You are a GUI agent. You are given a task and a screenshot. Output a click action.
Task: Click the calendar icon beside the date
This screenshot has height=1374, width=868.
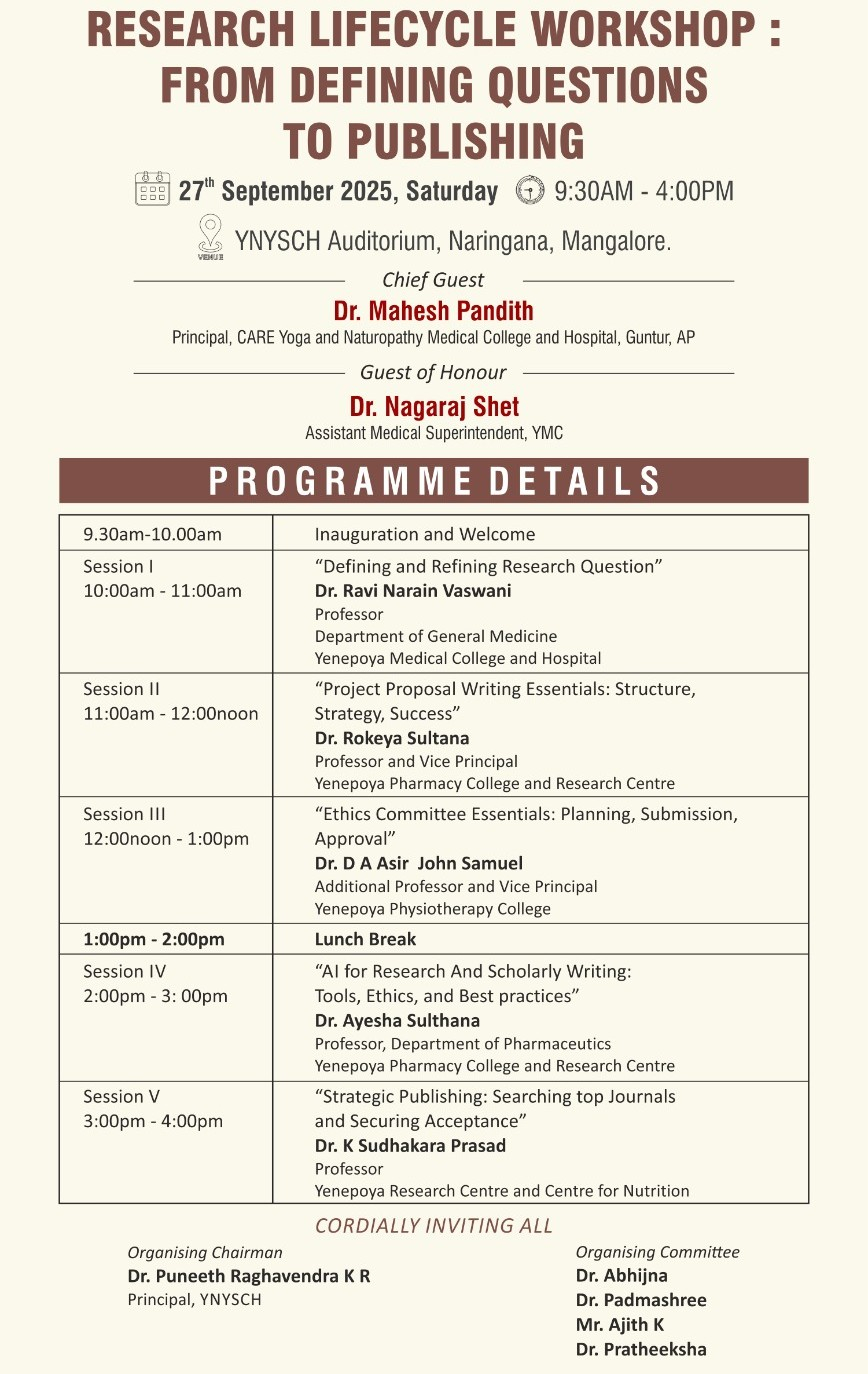152,189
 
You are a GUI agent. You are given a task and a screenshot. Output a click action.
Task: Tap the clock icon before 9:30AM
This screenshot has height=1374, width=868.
530,190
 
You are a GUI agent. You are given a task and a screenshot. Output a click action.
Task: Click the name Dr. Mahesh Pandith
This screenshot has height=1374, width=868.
433,311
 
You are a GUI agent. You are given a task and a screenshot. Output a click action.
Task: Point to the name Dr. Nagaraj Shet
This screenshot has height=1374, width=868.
434,406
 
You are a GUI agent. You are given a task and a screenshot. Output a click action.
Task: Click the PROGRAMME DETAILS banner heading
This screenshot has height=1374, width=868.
434,481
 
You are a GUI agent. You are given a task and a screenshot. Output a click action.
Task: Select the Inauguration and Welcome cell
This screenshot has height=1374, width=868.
425,534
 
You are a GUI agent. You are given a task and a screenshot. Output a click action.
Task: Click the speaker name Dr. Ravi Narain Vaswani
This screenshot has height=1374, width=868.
413,590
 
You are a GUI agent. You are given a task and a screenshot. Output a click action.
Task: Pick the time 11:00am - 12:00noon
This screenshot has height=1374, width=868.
170,713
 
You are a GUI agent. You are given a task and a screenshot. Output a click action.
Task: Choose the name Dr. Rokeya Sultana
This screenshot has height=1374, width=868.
392,738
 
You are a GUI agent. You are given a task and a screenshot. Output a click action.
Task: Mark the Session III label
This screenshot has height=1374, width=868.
124,814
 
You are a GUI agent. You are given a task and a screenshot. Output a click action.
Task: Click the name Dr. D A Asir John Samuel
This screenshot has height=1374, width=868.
418,863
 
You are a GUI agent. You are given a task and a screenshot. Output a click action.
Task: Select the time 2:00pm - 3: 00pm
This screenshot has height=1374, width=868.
155,996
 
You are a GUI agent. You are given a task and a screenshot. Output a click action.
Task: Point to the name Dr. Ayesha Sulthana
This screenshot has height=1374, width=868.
397,1021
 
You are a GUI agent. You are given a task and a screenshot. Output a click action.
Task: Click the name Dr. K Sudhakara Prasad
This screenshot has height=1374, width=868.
410,1145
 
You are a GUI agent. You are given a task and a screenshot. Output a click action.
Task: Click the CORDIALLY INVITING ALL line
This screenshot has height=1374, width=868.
433,1225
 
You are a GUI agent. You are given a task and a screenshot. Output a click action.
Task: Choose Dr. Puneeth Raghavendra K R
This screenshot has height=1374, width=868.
248,1276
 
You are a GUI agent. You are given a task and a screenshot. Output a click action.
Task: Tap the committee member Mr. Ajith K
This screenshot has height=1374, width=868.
620,1325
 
